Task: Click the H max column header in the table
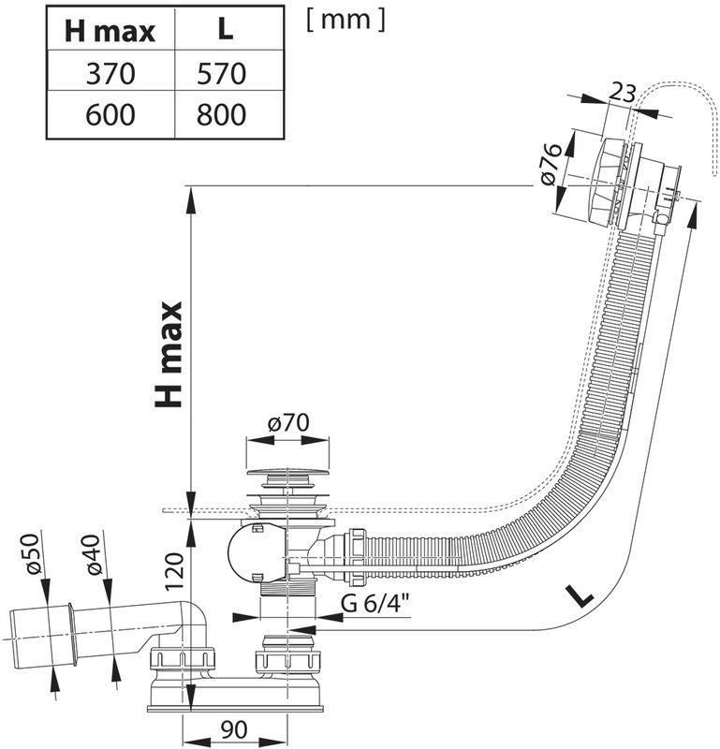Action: tap(110, 31)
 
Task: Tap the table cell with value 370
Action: tap(110, 73)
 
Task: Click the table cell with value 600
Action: tap(110, 115)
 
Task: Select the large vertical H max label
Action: tap(169, 354)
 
